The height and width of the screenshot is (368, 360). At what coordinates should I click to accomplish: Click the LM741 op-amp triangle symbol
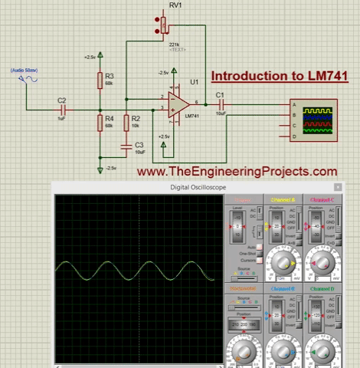pos(181,103)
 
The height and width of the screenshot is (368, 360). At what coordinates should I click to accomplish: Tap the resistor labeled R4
pos(100,121)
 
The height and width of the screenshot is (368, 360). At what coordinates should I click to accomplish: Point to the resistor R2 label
pos(136,118)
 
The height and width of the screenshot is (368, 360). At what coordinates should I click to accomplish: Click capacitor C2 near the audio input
pos(62,109)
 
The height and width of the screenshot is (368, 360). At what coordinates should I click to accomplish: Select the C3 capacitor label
pos(139,144)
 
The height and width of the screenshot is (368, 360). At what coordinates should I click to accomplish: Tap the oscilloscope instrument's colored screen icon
pos(319,119)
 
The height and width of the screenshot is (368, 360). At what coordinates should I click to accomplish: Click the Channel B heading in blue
pos(283,289)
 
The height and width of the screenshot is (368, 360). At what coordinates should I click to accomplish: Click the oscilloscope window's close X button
pos(337,187)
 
